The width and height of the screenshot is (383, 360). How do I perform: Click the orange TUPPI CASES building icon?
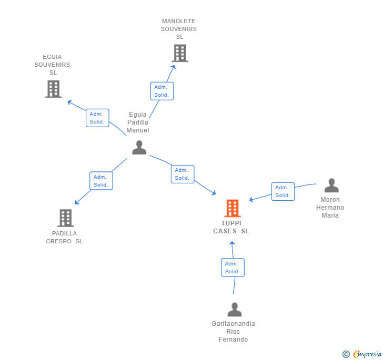coord(232,208)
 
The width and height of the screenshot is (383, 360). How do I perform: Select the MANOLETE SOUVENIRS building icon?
coord(179,53)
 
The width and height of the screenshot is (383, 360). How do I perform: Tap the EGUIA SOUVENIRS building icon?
coord(53,89)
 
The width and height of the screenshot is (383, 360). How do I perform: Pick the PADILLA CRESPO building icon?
coord(65,218)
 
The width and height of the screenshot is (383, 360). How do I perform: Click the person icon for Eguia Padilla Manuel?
coord(139,148)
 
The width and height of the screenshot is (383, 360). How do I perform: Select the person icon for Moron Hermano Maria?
coord(331,186)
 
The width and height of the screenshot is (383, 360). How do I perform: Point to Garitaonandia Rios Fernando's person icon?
coord(235,310)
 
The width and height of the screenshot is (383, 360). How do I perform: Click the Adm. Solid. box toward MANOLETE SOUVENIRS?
coord(162,91)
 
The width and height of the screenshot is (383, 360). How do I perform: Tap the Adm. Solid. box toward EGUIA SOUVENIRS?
coord(97,118)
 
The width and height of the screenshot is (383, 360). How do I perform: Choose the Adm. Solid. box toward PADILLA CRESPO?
coord(101,181)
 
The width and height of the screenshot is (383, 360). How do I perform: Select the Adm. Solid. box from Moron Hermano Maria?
coord(283,191)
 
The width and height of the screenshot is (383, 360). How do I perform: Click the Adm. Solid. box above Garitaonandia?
coord(233,268)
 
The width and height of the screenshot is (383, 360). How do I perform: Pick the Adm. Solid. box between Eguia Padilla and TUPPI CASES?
coord(182,174)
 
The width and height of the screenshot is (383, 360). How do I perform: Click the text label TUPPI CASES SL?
coord(231,227)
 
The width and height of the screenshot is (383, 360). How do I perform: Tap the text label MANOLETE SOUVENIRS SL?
coord(179,29)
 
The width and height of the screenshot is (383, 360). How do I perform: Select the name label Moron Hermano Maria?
coord(330,207)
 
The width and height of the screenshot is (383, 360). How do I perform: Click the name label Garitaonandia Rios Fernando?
coord(233,332)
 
